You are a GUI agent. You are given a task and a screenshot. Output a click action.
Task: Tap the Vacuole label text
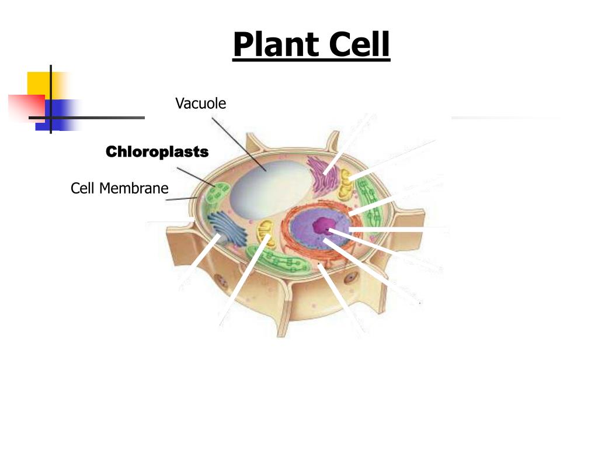click(200, 103)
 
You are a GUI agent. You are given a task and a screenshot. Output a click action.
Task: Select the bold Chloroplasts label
click(157, 152)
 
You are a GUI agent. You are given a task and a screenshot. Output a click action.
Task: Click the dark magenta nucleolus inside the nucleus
click(322, 226)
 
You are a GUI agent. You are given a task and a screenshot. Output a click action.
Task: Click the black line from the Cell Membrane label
click(181, 199)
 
